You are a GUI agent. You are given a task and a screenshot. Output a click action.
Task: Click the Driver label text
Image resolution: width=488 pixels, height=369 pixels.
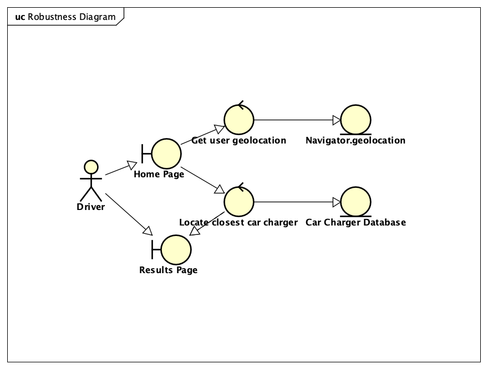pos(91,207)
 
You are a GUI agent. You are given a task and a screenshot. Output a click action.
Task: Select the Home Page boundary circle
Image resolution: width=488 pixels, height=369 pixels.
pos(166,153)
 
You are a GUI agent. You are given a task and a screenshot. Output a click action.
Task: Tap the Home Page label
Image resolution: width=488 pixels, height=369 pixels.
pos(159,174)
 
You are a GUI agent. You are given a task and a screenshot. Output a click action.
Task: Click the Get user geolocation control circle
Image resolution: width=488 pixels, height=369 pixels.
pos(239,120)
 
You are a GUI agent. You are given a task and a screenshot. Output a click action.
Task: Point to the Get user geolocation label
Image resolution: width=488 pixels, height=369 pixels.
pos(238,140)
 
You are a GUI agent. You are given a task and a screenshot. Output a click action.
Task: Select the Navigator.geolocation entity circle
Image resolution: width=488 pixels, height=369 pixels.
pos(355,119)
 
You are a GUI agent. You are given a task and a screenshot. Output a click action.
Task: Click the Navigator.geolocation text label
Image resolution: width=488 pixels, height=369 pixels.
pos(355,140)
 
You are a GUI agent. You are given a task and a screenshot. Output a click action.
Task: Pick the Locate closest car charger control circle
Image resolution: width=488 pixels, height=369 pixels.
pos(239,202)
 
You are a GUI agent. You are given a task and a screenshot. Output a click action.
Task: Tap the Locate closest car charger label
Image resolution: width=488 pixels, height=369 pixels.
pos(238,222)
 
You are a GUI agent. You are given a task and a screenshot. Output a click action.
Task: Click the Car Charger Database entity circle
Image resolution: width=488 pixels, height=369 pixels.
pos(355,201)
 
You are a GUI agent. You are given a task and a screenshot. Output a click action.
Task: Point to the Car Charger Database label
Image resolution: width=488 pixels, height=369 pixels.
pos(355,222)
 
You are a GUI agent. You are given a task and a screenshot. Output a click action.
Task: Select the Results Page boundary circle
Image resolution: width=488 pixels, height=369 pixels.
pos(176,249)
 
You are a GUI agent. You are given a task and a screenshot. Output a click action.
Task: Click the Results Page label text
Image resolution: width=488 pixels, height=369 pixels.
pos(168,270)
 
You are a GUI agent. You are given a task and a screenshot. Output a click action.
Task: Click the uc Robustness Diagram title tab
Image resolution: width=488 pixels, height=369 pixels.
pos(65,17)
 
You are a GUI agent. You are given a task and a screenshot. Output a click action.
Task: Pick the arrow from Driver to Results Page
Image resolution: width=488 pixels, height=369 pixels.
pos(128,213)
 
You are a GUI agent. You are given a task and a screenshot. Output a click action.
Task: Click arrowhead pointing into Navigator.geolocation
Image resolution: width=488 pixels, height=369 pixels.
pos(336,120)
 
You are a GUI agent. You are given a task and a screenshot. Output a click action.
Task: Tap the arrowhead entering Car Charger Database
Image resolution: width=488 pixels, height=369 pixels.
pos(336,202)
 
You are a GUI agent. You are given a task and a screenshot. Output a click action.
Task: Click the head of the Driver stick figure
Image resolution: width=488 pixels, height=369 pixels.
pos(91,167)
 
